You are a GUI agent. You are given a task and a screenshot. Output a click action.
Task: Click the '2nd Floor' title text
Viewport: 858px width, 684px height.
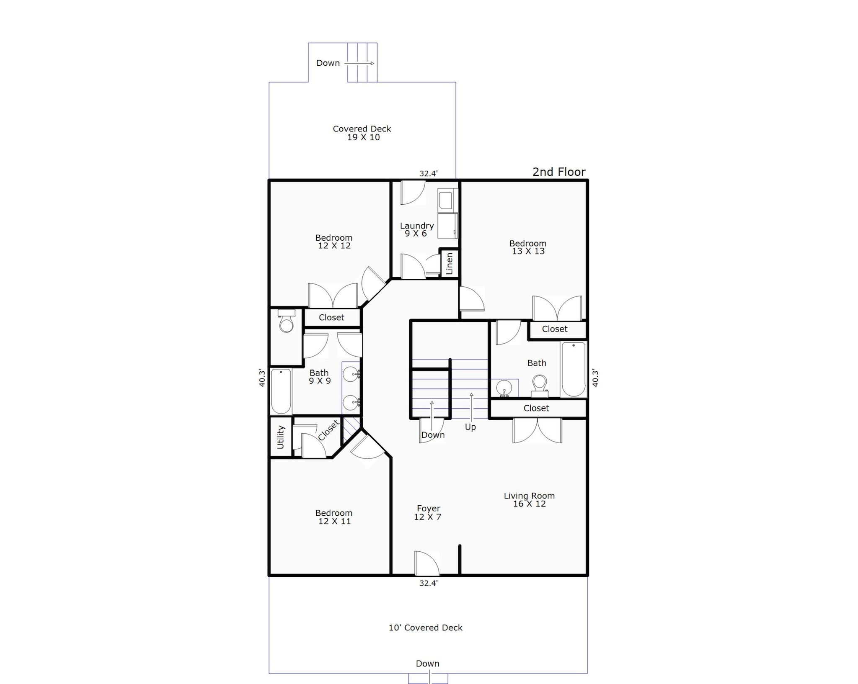point(559,172)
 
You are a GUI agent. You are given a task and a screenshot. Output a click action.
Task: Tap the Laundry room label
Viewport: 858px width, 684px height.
point(416,229)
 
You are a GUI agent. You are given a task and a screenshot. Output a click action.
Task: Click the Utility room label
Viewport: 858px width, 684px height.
point(281,437)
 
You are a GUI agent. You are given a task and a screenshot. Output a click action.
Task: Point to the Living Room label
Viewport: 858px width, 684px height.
point(529,500)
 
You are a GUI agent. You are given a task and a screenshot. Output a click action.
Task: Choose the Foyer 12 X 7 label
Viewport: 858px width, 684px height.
point(428,513)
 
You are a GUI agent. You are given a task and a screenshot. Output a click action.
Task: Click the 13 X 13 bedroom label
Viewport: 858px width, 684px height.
point(528,247)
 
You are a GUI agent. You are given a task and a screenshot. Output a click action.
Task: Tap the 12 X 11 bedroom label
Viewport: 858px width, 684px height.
point(334,517)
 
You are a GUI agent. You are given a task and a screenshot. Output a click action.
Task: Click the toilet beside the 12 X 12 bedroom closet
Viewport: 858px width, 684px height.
point(287,321)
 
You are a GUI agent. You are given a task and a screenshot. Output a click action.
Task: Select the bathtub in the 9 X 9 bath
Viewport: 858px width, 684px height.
point(281,391)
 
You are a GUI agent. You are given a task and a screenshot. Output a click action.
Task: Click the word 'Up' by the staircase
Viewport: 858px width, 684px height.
point(470,427)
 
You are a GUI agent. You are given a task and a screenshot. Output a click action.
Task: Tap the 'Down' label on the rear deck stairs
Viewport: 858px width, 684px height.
point(328,63)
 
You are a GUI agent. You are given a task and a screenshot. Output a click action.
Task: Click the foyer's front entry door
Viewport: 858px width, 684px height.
point(426,563)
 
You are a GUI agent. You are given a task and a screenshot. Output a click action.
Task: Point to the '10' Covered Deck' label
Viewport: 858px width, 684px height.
point(426,628)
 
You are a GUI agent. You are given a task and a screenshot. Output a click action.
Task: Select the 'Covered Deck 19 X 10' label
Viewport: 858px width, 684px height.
point(362,133)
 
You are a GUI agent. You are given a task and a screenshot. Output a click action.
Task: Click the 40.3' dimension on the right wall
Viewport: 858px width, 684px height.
point(595,377)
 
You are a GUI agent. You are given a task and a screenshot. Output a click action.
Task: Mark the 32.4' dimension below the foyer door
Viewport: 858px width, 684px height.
point(429,583)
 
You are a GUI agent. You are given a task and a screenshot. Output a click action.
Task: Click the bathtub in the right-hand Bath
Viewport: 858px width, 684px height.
point(573,369)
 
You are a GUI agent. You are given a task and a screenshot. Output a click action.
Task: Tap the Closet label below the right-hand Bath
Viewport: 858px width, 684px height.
point(536,408)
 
